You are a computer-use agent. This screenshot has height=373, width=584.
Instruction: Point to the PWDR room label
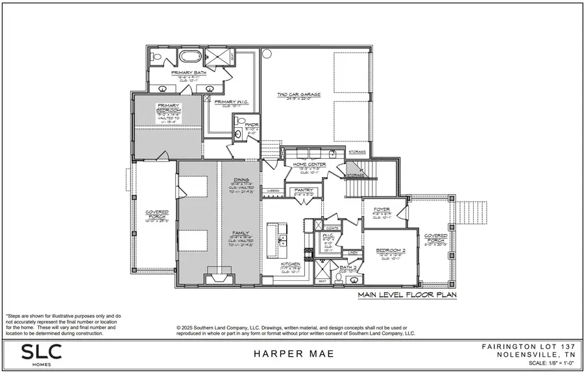pos(251,124)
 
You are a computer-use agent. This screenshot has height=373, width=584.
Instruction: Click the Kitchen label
pos(289,265)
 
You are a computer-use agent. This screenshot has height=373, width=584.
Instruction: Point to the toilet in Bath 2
pos(338,278)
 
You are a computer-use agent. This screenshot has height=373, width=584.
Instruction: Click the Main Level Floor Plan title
pos(407,295)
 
